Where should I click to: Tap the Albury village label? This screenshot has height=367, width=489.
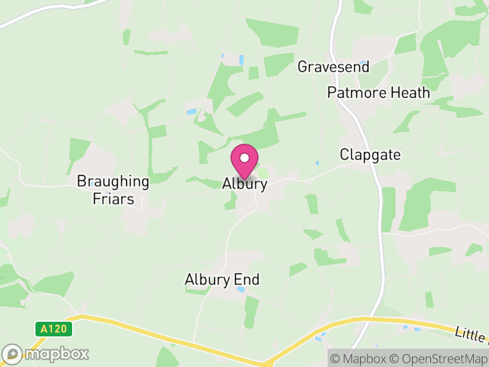click(x=244, y=184)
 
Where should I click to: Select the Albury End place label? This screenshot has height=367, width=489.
click(x=222, y=280)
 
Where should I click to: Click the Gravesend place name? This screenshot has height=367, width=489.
click(x=333, y=67)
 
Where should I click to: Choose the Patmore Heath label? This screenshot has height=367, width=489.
click(x=378, y=93)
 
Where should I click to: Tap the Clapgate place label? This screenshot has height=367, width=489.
click(x=370, y=155)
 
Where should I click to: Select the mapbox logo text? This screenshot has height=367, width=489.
click(x=56, y=354)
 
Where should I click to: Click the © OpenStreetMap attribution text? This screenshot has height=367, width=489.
click(x=439, y=358)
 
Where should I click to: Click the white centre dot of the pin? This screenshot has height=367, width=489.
click(x=244, y=158)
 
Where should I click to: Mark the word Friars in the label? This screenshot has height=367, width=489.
click(x=113, y=199)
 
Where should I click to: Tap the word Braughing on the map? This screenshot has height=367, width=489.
click(x=112, y=182)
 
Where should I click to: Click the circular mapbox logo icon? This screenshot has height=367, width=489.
click(x=12, y=354)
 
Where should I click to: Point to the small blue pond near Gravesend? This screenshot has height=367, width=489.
click(x=364, y=63)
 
